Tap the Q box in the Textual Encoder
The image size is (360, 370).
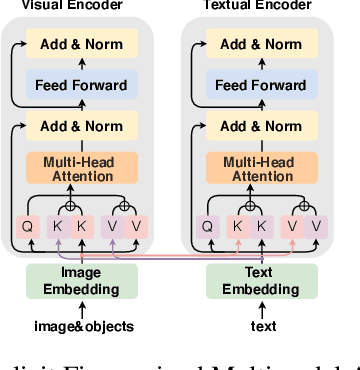(x=207, y=227)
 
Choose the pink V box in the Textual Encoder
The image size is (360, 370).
(x=293, y=227)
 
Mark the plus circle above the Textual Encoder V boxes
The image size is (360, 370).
(x=305, y=207)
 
